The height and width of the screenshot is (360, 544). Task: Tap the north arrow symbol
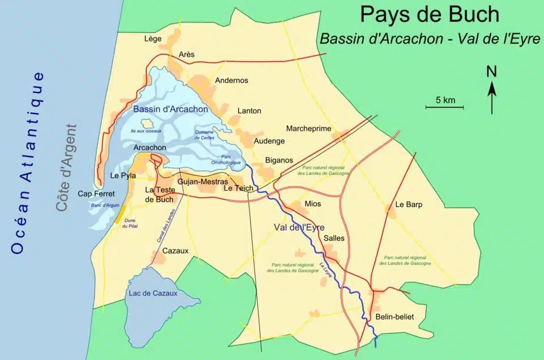492,91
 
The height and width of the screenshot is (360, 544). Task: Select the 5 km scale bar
445,106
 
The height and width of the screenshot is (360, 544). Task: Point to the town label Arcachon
150,147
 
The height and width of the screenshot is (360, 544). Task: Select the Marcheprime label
308,129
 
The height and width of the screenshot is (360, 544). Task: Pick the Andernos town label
231,81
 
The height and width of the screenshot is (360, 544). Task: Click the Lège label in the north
153,39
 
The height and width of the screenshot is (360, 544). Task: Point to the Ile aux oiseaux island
147,123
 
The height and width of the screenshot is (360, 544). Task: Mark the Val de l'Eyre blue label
299,227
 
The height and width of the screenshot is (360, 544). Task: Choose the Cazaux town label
175,251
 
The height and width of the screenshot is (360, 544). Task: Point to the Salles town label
334,238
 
